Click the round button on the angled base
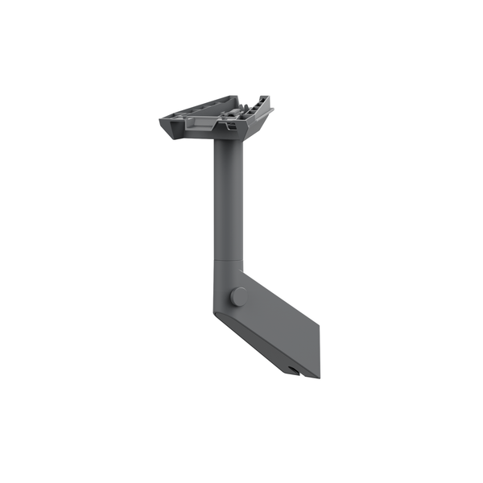[239, 296]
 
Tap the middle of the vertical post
[225, 201]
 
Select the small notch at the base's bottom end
[292, 370]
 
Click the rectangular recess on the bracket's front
[199, 122]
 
